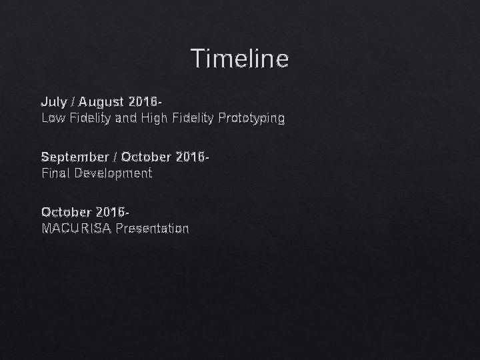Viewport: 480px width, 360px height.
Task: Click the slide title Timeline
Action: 240,59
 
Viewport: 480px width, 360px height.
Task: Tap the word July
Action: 53,102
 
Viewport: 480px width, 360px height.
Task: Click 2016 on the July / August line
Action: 144,102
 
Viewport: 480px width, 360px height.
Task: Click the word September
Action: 74,157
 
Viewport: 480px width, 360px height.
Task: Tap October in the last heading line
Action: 67,212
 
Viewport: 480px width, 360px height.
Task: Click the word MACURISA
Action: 77,229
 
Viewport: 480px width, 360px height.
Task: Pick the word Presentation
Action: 152,229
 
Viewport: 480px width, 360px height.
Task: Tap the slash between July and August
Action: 73,102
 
